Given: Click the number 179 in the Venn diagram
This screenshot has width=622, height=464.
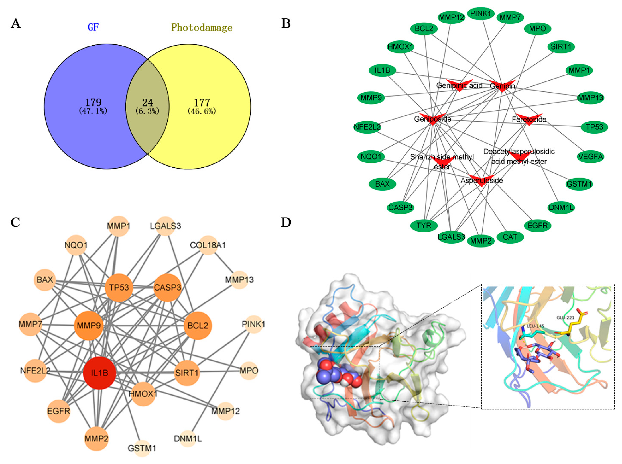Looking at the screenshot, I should pos(93,102).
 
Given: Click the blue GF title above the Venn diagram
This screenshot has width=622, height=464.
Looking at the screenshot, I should pos(93,27).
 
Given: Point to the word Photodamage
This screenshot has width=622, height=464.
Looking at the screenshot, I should pos(202,28).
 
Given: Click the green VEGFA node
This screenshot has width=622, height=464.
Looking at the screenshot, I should pos(590,156).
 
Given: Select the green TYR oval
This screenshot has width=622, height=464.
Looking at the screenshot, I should pos(424,226).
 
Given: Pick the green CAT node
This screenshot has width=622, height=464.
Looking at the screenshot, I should pos(510,237).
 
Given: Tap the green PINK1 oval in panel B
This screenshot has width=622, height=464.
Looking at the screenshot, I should pos(481,13).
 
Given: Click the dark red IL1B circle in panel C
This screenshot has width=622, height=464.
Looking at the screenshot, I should pos(99,373).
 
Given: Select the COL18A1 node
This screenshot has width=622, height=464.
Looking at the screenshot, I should pos(208,245).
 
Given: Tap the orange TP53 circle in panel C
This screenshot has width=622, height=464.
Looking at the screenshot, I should pos(119,287).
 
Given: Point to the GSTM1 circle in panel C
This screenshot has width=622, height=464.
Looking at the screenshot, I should pos(142,448).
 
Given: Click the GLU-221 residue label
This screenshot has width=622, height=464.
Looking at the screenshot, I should pos(566,318).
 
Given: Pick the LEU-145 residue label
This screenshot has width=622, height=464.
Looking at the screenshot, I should pos(535,326).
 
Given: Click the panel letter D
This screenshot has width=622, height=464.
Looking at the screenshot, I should pos(286,222).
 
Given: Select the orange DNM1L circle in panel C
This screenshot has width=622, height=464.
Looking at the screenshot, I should pos(188,438).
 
